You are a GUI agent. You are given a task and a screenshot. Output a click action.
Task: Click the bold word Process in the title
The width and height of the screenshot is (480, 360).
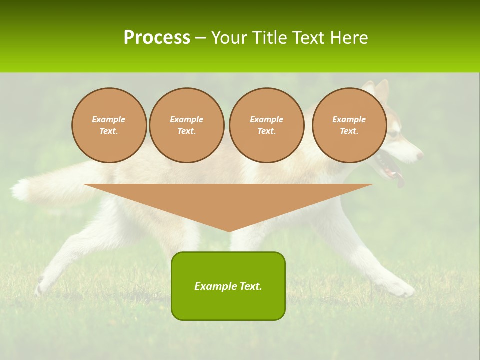[157, 38]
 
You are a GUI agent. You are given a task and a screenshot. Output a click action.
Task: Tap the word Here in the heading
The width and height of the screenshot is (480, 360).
[348, 38]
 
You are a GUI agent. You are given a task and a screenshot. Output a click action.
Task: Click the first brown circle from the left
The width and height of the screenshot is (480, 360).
[109, 125]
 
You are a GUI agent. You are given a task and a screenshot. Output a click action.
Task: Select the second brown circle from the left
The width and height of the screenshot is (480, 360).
[186, 125]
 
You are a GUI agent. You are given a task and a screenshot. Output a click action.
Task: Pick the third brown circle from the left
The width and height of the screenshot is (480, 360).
[266, 125]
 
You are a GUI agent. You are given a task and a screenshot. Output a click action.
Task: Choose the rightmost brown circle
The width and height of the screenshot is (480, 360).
[349, 125]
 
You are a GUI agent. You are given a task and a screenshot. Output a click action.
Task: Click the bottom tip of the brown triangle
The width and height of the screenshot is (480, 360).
[229, 230]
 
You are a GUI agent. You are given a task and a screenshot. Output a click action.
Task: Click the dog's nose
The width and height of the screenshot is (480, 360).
[420, 155]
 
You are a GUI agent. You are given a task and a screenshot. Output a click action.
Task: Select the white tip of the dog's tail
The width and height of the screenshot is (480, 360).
[20, 190]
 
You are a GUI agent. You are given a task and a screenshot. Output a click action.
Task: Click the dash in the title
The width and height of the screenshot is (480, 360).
[201, 38]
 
